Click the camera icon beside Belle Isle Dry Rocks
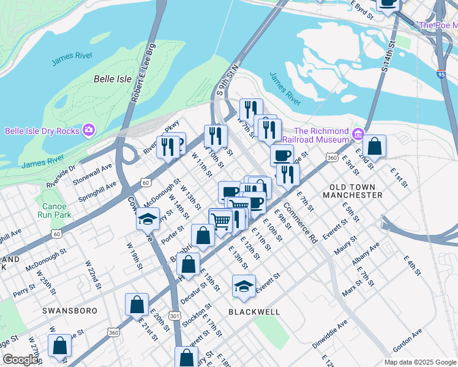click(89, 130)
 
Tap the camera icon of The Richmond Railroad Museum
click(358, 133)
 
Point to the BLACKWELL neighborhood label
click(254, 312)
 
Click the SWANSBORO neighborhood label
click(70, 311)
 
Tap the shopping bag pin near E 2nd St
click(375, 147)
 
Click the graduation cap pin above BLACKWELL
click(244, 286)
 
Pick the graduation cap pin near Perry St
click(148, 218)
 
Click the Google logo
click(20, 360)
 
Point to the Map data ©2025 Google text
click(420, 361)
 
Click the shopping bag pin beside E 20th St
click(137, 305)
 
